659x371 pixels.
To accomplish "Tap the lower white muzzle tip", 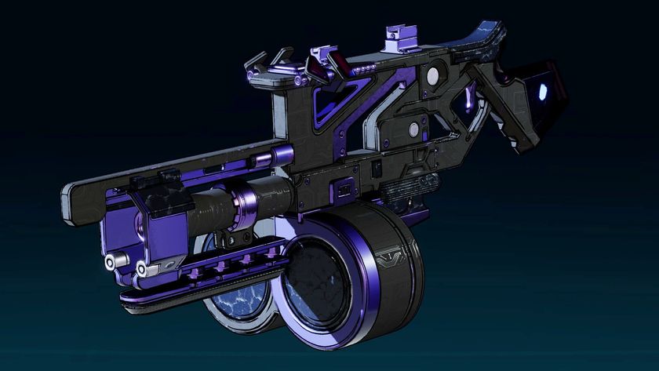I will tap(142, 269).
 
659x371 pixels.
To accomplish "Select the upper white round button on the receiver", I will tap(431, 75).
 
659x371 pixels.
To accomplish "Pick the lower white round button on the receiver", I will tap(413, 129).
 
